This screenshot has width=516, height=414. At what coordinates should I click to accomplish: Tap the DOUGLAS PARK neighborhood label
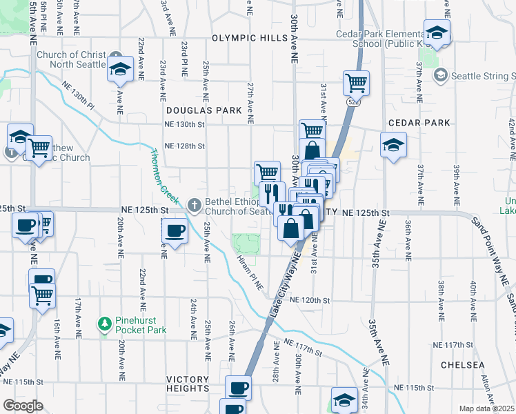pyautogui.click(x=204, y=110)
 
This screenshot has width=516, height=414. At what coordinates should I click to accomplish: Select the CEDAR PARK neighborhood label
pyautogui.click(x=419, y=123)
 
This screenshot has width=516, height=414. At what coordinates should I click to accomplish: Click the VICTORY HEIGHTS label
pyautogui.click(x=188, y=384)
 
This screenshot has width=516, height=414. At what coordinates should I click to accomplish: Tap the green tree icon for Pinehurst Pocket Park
pyautogui.click(x=103, y=323)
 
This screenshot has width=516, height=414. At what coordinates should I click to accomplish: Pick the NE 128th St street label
pyautogui.click(x=184, y=146)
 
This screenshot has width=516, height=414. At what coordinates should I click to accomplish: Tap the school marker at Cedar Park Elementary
pyautogui.click(x=437, y=32)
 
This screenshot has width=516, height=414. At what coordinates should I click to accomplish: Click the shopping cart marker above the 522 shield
pyautogui.click(x=356, y=83)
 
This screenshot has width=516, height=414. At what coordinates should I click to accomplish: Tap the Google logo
pyautogui.click(x=23, y=406)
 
